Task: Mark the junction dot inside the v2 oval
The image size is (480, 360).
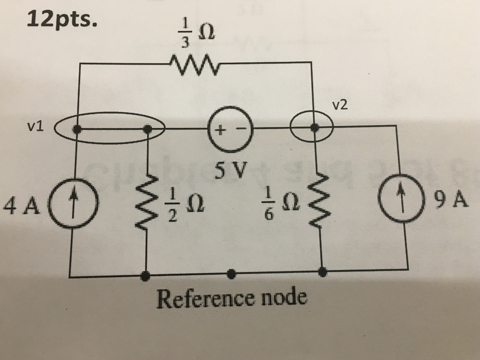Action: point(315,127)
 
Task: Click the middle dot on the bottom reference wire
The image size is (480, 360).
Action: point(231,273)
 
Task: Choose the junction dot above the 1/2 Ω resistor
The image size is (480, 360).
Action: point(148,128)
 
